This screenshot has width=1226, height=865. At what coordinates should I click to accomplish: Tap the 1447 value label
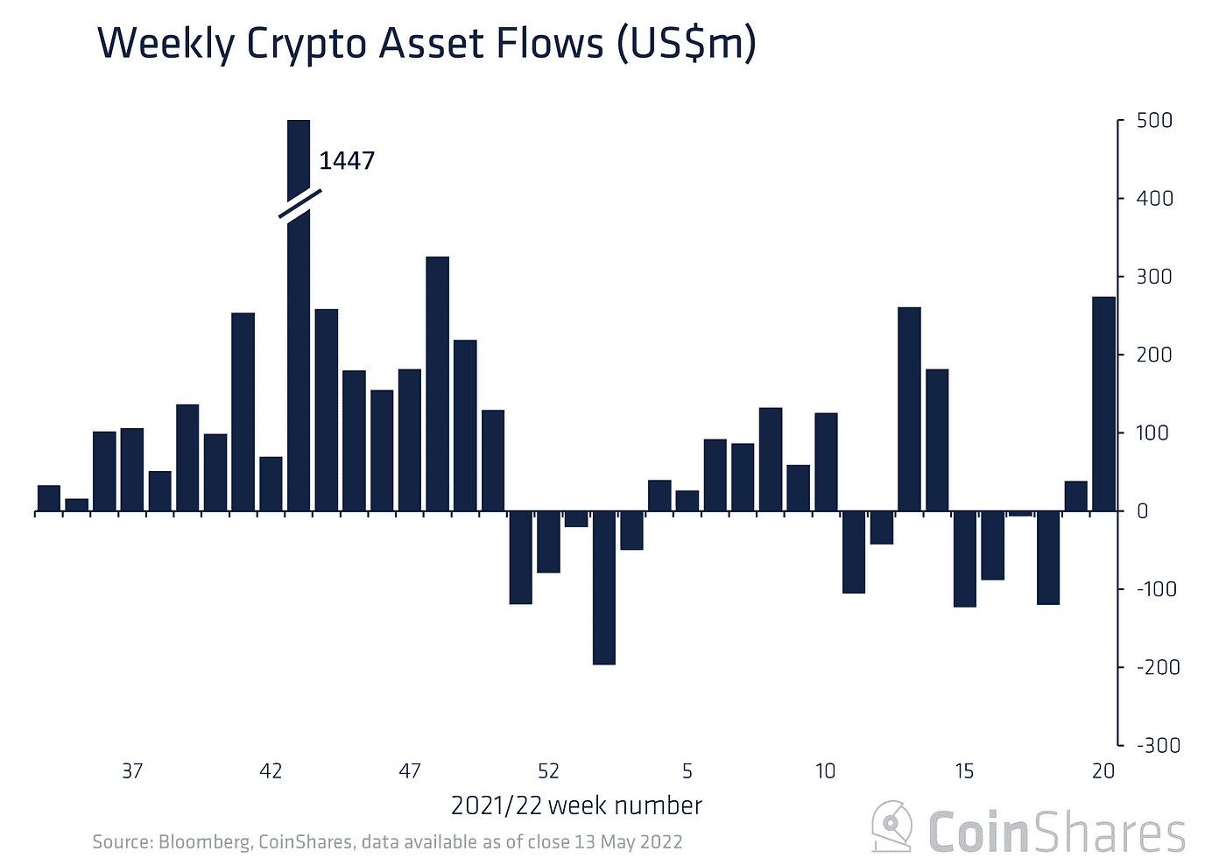347,161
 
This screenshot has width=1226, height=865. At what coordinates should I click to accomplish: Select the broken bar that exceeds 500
299,350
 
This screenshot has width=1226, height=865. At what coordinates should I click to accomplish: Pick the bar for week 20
1103,404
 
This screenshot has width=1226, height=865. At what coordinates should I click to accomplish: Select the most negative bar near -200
604,587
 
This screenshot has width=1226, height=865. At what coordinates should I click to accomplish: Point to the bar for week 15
964,559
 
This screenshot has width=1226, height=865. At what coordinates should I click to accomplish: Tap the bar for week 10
826,461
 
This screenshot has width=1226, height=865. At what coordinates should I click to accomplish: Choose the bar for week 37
132,469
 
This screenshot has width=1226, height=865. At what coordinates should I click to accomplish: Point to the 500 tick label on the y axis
1154,121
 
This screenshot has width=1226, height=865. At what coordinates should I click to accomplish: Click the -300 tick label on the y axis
1158,745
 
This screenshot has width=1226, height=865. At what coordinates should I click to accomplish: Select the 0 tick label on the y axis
1142,511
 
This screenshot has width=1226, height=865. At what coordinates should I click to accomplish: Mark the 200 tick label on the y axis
1154,355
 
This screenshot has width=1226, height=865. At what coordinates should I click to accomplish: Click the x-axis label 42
271,771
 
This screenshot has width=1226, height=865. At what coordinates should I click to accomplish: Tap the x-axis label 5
687,771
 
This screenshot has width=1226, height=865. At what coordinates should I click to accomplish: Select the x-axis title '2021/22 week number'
576,805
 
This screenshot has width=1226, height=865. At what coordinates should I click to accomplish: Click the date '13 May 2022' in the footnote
628,842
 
